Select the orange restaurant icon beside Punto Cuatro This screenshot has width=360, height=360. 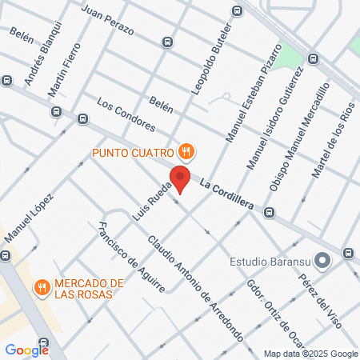186,150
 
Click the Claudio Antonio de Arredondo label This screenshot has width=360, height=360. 195,283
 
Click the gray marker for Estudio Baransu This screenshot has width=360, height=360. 322,262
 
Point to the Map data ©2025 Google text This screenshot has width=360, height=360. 310,354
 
